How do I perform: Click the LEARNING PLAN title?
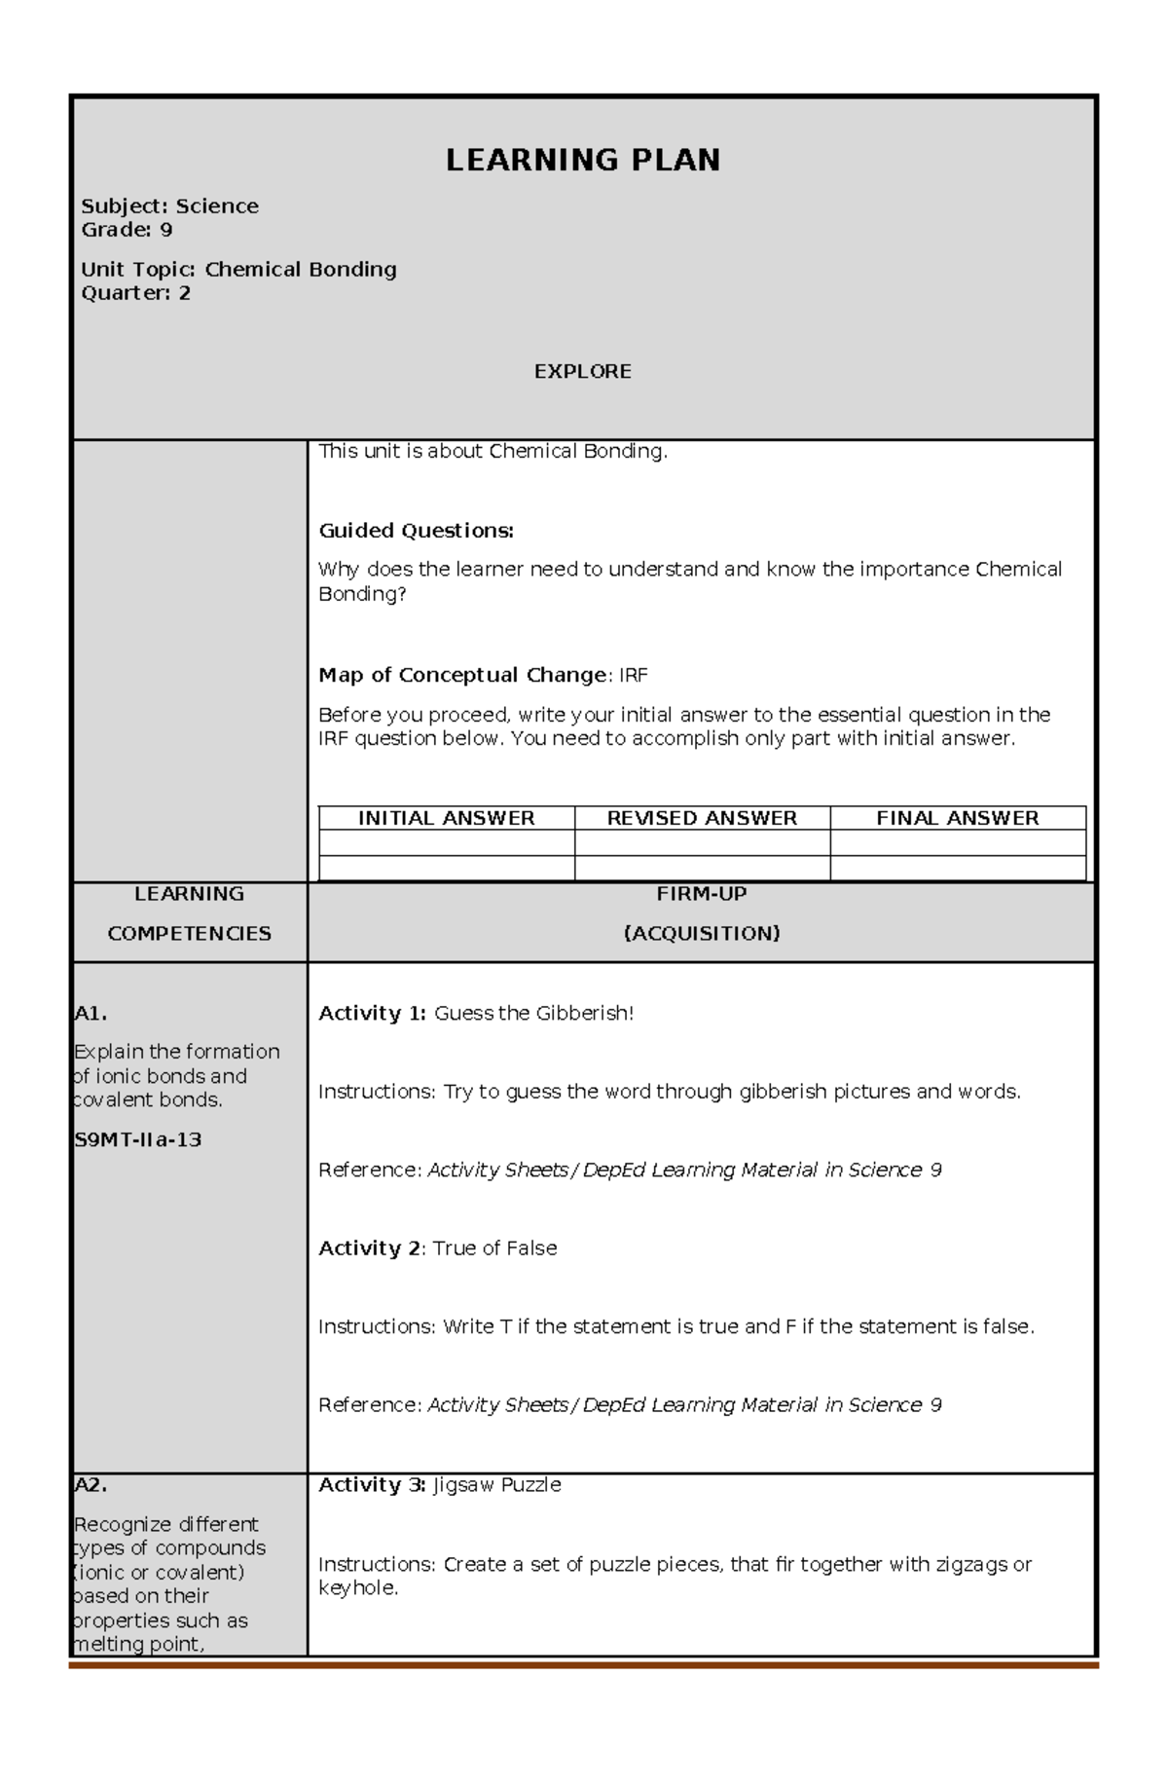[x=583, y=160]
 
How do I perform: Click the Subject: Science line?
[x=169, y=206]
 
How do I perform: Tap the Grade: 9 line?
[x=127, y=230]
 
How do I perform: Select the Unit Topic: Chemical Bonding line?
[x=238, y=270]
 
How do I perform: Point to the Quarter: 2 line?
[x=135, y=293]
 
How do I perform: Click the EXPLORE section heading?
[x=583, y=371]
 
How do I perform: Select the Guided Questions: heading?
[x=416, y=531]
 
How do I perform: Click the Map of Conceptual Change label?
[x=463, y=675]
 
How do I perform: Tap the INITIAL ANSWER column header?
[x=446, y=818]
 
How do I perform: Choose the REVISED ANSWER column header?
[x=702, y=818]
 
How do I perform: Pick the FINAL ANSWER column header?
[x=958, y=818]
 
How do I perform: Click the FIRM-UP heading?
[x=702, y=894]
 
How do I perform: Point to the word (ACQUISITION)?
[x=702, y=934]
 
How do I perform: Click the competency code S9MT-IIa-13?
[x=138, y=1140]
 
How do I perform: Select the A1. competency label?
[x=91, y=1014]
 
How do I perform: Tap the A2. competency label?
[x=91, y=1485]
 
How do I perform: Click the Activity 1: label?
[x=372, y=1014]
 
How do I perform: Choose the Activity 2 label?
[x=370, y=1248]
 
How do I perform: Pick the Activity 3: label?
[x=372, y=1485]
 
